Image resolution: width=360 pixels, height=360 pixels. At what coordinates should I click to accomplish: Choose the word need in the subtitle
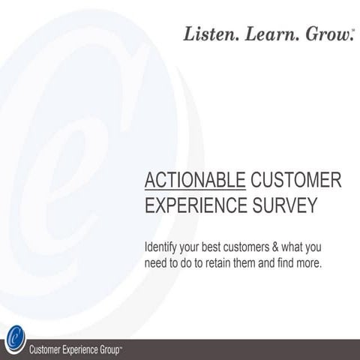click(x=154, y=264)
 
